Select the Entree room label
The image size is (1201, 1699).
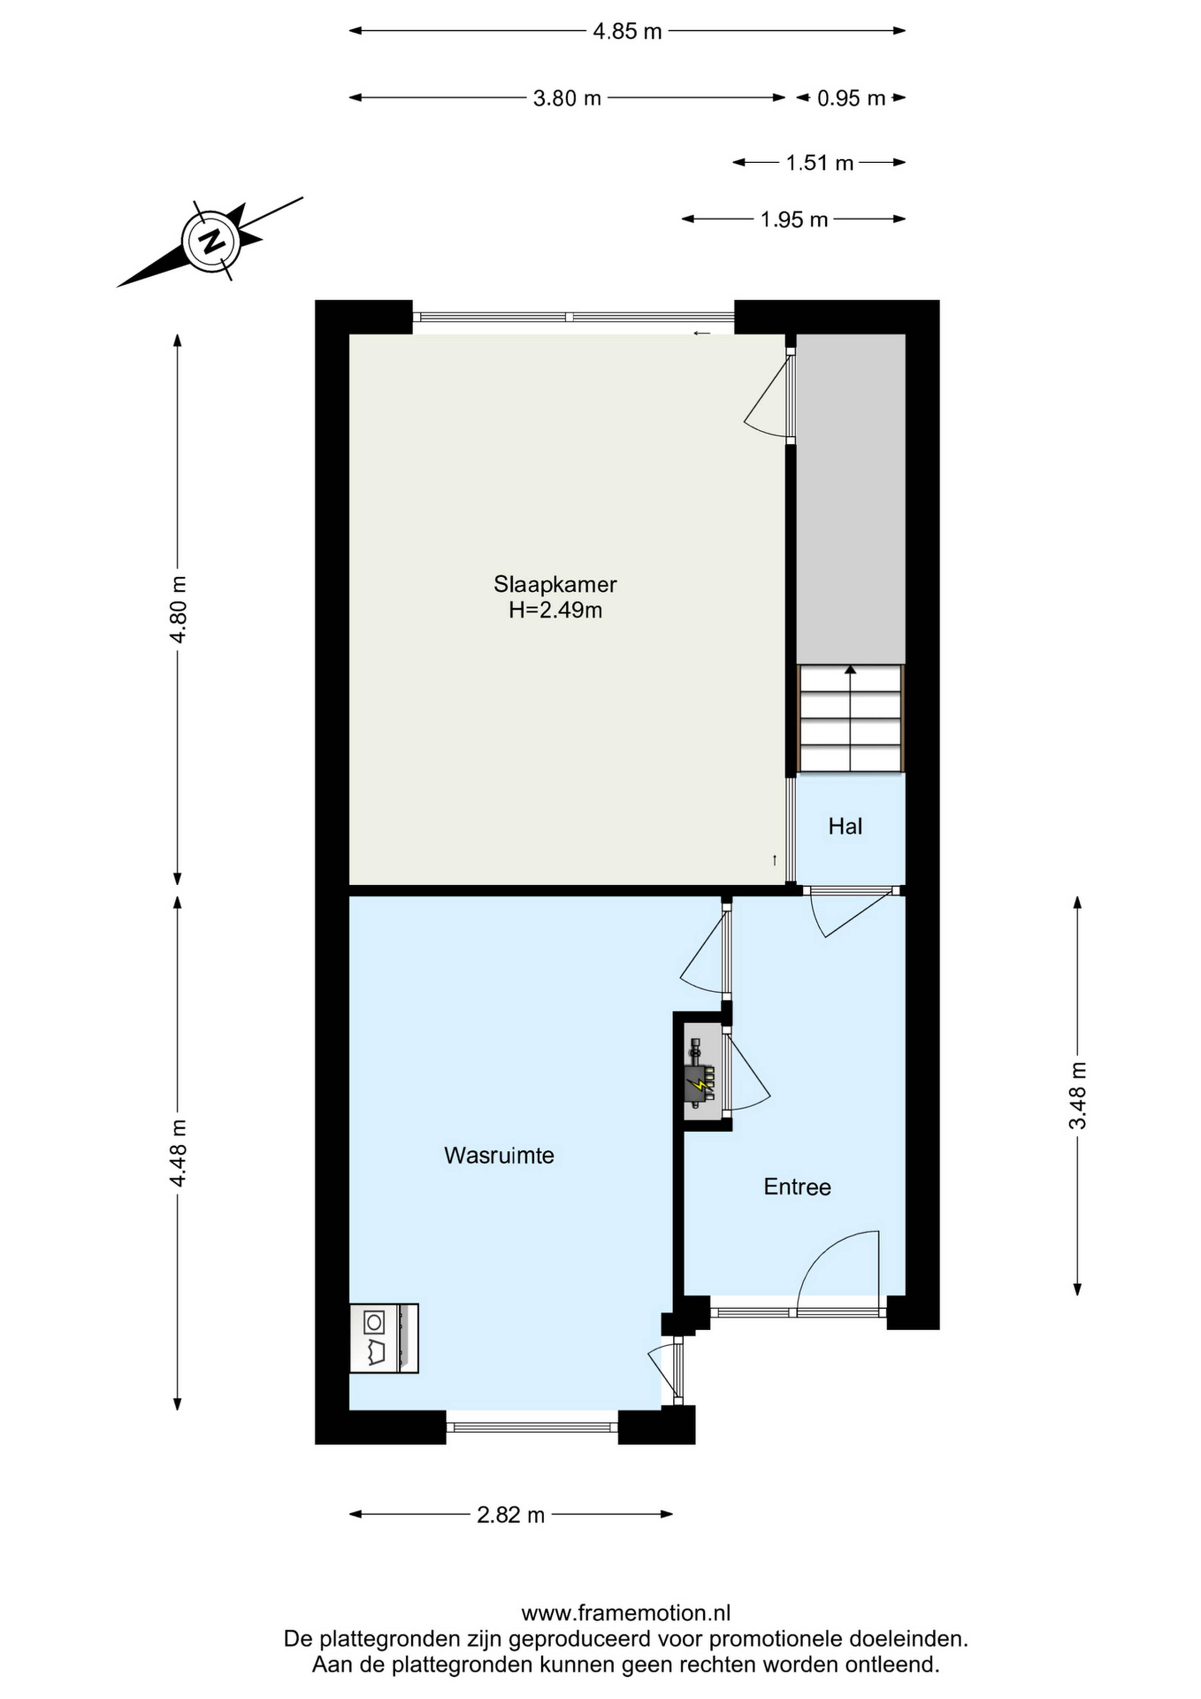pos(797,1187)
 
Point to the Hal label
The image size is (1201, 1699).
pos(845,826)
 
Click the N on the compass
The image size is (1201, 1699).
pos(212,240)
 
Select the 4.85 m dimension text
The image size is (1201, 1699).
pos(627,32)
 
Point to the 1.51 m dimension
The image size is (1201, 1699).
pos(819,163)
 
